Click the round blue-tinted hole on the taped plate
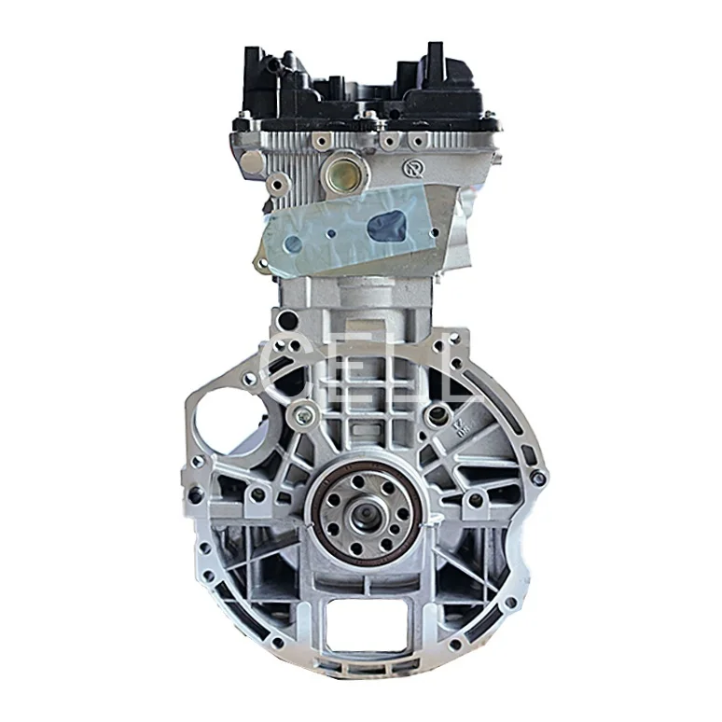(x=292, y=243)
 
